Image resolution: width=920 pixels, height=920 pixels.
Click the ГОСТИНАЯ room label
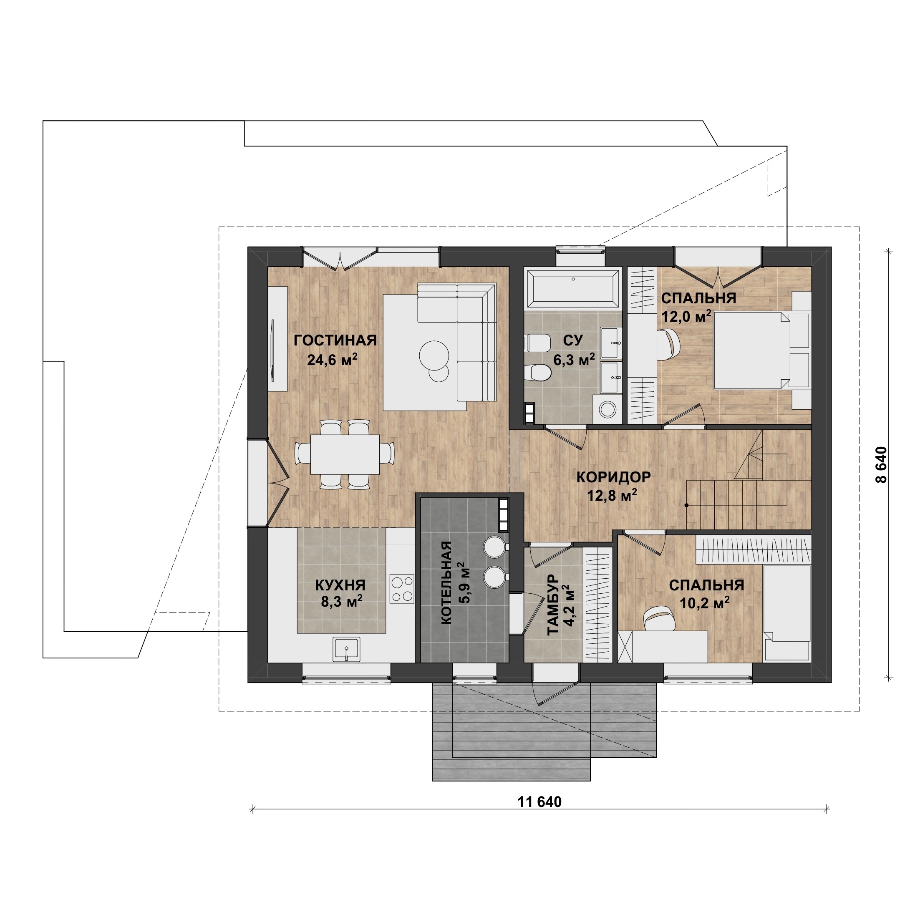(x=335, y=340)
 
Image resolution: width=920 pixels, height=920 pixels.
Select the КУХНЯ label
(x=340, y=585)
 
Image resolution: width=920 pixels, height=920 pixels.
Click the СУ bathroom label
(x=573, y=340)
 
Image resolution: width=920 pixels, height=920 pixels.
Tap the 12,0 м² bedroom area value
(x=686, y=316)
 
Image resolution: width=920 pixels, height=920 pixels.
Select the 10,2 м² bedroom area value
(x=705, y=603)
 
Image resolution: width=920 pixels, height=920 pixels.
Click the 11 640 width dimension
(x=539, y=802)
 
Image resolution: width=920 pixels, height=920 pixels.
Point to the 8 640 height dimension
(x=882, y=465)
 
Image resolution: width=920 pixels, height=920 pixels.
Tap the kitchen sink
(x=346, y=649)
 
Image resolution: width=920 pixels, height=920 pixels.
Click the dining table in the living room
(x=345, y=454)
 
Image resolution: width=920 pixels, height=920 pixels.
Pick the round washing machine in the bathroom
(x=607, y=408)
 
